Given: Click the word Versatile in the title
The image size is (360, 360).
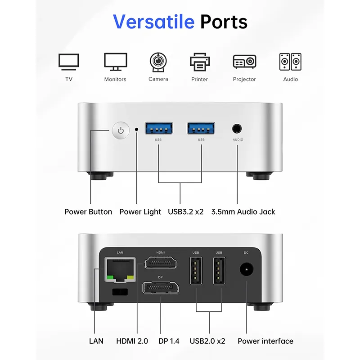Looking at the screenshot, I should click(153, 21).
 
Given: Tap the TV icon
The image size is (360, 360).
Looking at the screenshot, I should click(69, 62).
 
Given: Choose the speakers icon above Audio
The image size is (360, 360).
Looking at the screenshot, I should click(290, 62).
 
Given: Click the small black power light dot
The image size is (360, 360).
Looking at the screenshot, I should click(136, 129).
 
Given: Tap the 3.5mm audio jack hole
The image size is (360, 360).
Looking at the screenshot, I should click(237, 129).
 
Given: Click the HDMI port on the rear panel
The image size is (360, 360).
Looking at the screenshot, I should click(160, 261).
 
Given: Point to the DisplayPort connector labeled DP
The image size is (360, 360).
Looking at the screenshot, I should click(161, 287).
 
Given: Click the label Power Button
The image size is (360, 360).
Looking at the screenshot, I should click(88, 211).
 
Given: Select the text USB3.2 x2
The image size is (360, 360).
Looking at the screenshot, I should click(186, 211).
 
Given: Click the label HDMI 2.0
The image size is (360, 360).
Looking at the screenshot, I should click(132, 341).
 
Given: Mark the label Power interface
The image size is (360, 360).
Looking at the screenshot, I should click(265, 341).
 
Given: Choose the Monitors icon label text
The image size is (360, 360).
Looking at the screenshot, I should click(115, 79).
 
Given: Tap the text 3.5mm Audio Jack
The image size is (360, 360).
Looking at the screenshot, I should click(243, 211).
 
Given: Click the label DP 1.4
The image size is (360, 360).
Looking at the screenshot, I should click(169, 341).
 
